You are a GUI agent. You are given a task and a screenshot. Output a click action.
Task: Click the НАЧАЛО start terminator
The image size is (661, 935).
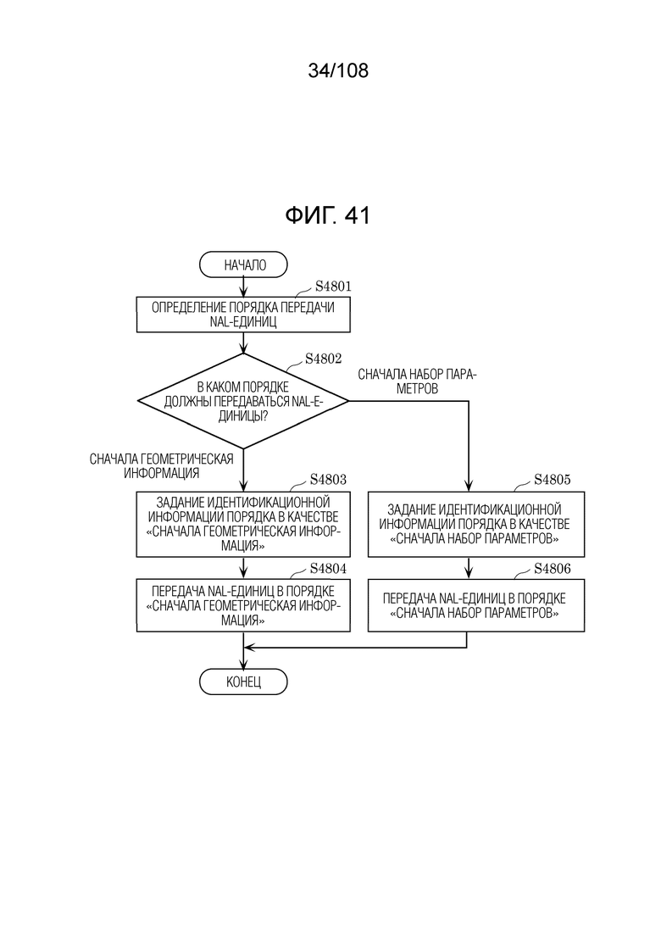(x=243, y=264)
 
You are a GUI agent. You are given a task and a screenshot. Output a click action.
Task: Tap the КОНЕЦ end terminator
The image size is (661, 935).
(x=243, y=682)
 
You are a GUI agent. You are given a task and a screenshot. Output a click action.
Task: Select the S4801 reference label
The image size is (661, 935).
(x=333, y=287)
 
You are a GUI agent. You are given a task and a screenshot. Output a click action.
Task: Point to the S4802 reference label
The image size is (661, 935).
(x=323, y=359)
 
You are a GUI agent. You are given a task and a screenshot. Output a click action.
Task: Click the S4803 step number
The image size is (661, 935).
(x=328, y=480)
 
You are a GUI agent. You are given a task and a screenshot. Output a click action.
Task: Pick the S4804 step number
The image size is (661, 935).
(x=328, y=568)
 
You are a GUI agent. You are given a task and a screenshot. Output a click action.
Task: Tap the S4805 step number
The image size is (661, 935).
(x=552, y=480)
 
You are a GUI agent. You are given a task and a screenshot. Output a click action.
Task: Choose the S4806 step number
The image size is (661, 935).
(x=552, y=568)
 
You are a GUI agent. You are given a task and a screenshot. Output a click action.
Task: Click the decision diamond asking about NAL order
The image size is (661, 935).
(x=243, y=401)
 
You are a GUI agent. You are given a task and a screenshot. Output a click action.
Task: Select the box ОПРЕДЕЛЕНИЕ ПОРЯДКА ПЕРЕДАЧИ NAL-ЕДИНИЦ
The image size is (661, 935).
(x=243, y=314)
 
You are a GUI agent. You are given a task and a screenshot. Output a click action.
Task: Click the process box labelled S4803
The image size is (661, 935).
(x=243, y=524)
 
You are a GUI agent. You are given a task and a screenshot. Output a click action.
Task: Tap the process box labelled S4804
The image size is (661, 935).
(x=243, y=605)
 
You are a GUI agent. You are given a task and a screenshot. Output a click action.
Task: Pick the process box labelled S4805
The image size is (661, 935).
(x=475, y=524)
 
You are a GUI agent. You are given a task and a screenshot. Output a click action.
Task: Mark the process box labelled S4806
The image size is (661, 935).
(x=475, y=605)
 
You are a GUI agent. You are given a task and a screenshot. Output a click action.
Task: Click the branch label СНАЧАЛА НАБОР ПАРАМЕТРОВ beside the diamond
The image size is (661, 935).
(x=417, y=381)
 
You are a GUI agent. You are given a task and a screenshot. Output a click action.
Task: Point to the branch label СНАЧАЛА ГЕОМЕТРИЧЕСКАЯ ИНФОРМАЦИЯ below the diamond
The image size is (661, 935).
(x=162, y=465)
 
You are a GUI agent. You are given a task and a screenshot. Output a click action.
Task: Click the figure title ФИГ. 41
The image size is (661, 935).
(x=328, y=215)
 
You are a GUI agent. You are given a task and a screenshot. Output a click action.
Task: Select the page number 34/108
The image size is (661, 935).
(x=338, y=70)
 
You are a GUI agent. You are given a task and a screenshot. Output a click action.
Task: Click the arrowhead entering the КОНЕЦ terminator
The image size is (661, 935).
(x=243, y=664)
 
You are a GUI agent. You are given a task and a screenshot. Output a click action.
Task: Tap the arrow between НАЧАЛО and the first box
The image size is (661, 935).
(x=243, y=287)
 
